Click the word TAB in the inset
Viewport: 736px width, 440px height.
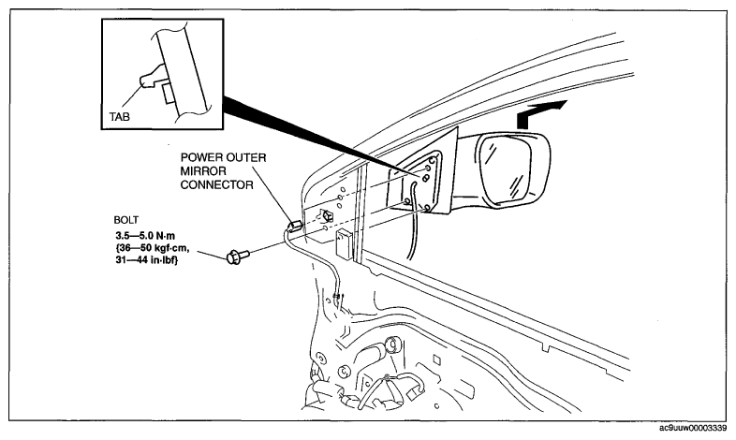tap(119, 116)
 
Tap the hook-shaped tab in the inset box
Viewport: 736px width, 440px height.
tap(151, 78)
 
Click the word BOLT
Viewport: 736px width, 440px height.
tap(126, 219)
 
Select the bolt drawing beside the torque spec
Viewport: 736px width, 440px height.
tap(238, 257)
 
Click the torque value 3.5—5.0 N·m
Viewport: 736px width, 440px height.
tap(145, 236)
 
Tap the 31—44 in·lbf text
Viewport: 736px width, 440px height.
tap(147, 260)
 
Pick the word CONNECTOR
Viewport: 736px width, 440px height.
tap(217, 184)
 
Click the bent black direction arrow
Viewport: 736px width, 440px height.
tap(539, 112)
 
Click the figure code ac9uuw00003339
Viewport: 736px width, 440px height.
tap(693, 428)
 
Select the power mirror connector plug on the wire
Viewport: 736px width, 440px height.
tap(296, 226)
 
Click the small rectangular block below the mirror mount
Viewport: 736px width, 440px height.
tap(345, 244)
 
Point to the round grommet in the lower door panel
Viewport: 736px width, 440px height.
tap(392, 345)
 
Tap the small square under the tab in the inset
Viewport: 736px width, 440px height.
tap(168, 93)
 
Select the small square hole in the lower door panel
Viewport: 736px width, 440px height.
tap(436, 359)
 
